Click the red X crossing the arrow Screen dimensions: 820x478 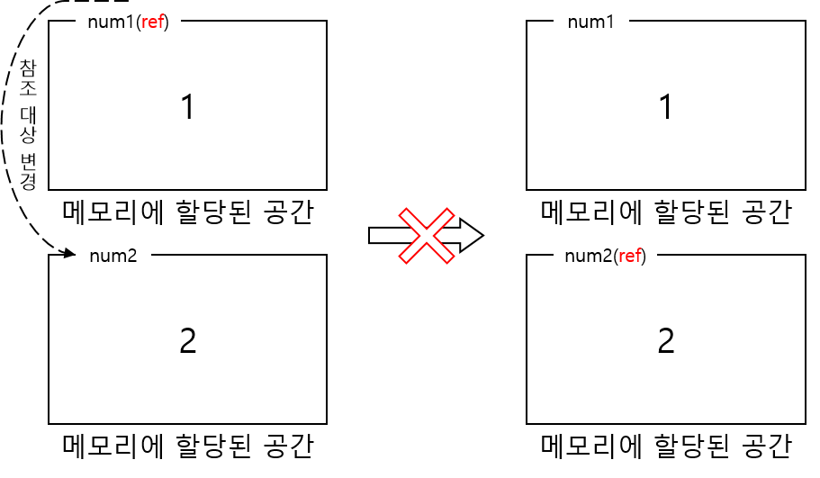426,236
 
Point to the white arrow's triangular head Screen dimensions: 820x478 471,236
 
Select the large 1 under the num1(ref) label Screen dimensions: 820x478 187,108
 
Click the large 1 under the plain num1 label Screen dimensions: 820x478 665,108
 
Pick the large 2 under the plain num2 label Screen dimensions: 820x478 187,341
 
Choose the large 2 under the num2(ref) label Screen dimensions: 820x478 665,341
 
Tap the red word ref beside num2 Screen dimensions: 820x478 630,256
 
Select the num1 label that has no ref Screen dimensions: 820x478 590,22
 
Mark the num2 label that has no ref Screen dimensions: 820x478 113,256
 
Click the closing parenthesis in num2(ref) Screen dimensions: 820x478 644,256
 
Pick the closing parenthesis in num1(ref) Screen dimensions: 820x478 167,22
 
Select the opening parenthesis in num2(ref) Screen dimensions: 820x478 616,256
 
